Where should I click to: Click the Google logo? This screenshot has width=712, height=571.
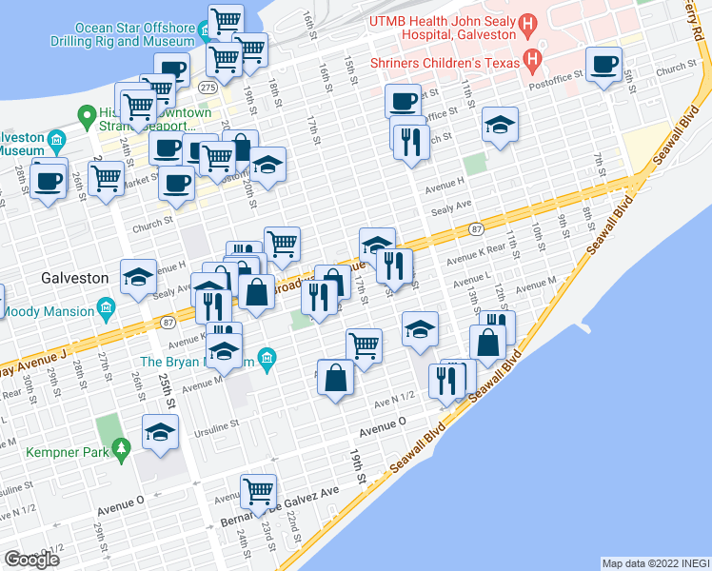(31, 559)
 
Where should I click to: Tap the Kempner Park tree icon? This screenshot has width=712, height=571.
(121, 448)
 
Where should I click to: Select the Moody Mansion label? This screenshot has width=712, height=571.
(47, 311)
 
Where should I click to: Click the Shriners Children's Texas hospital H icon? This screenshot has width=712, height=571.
(532, 63)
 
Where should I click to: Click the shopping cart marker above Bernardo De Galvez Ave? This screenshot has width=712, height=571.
(258, 491)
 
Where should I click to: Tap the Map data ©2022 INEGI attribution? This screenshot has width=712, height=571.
(655, 563)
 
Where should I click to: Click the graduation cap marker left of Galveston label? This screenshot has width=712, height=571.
(139, 277)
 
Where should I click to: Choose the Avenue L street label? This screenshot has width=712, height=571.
(472, 283)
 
